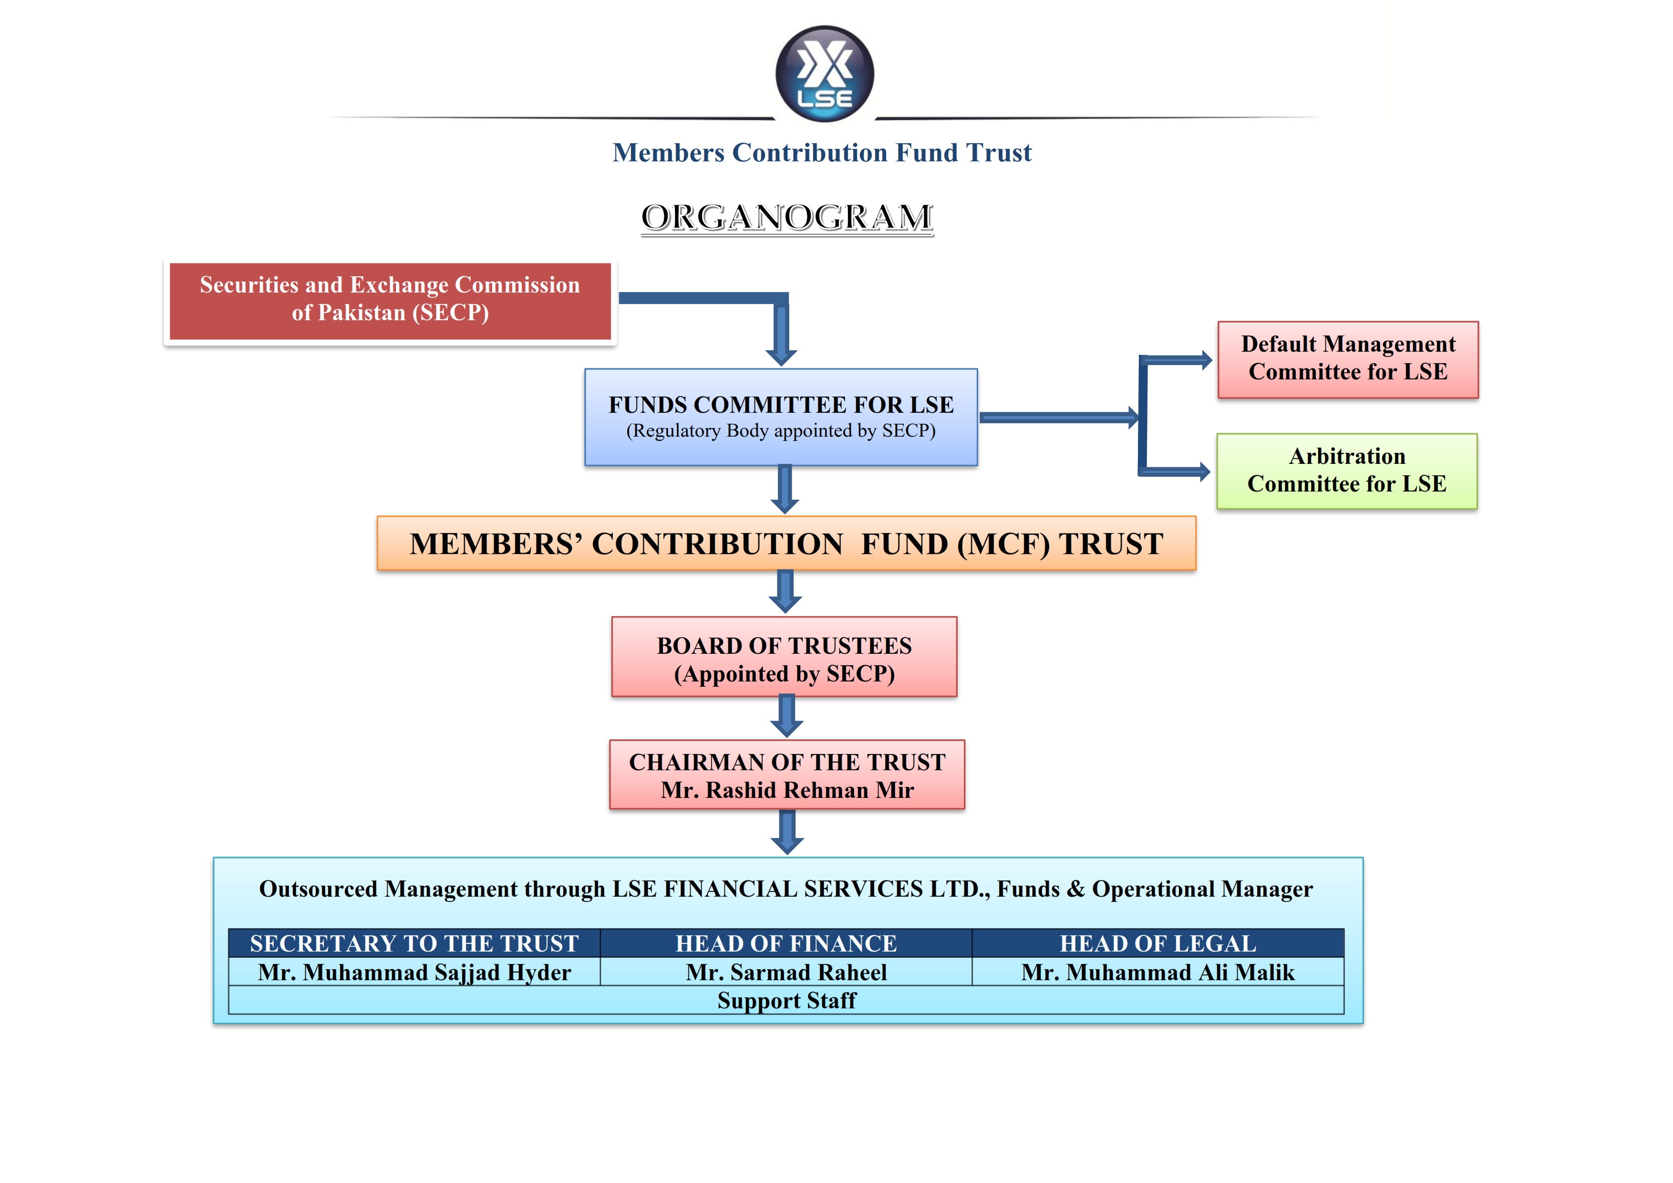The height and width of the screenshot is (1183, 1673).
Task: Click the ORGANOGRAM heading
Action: click(787, 217)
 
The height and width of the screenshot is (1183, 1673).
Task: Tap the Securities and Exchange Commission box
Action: click(390, 300)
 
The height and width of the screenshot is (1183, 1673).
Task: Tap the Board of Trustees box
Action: click(784, 658)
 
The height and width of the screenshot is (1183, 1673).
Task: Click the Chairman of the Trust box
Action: click(787, 775)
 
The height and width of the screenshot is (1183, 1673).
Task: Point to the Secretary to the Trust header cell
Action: click(414, 943)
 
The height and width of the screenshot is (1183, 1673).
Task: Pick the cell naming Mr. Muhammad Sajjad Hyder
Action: click(414, 973)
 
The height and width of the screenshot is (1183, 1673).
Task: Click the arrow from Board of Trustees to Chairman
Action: click(786, 716)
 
